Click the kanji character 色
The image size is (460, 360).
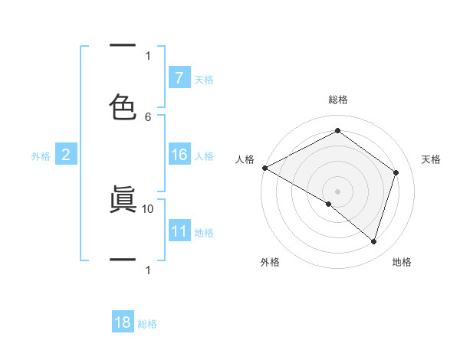click(123, 106)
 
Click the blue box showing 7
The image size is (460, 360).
click(179, 78)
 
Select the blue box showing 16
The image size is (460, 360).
click(179, 155)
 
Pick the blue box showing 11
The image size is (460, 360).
click(179, 232)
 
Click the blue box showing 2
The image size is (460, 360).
click(65, 155)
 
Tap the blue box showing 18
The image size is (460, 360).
click(123, 322)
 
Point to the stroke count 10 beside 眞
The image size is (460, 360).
click(148, 208)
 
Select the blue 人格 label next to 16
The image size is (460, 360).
click(204, 156)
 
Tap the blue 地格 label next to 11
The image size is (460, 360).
click(204, 233)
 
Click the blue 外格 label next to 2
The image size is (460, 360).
click(41, 156)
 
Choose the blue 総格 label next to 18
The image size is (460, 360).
click(147, 324)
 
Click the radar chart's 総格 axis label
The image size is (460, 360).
click(337, 100)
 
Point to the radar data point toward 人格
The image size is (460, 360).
click(264, 168)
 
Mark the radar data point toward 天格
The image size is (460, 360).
click(396, 172)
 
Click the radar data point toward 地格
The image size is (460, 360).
click(373, 241)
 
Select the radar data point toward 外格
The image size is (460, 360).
click(328, 204)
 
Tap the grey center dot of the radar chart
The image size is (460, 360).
click(337, 191)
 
